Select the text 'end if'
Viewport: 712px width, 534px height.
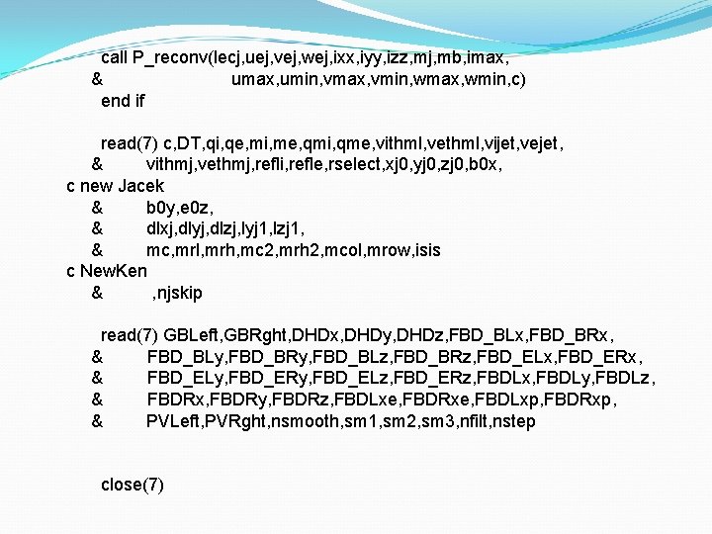click(123, 101)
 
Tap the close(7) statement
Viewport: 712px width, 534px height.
click(133, 485)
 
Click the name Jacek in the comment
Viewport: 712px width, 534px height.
click(141, 186)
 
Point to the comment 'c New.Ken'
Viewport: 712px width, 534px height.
click(106, 271)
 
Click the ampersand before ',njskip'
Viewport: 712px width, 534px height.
click(97, 293)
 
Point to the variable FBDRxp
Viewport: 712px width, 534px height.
click(586, 400)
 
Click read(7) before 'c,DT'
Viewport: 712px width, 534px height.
click(130, 143)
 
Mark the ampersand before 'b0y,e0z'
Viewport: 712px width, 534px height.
click(97, 208)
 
